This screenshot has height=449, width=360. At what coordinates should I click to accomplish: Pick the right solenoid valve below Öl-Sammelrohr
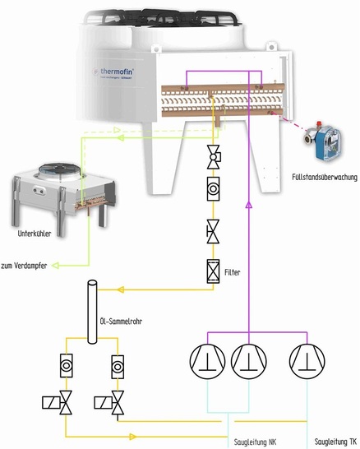click(x=116, y=402)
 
